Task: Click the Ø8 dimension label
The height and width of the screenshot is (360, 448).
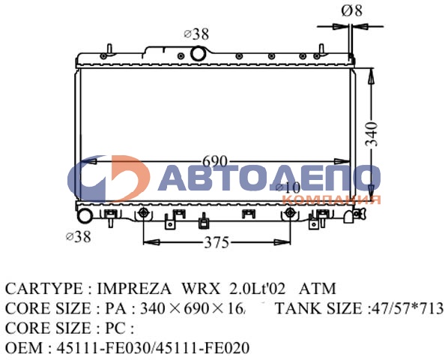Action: [352, 10]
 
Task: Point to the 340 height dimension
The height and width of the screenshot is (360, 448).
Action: [381, 133]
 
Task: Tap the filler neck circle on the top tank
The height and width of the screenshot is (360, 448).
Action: [199, 53]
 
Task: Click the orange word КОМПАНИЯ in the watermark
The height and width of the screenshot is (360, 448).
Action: [333, 199]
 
